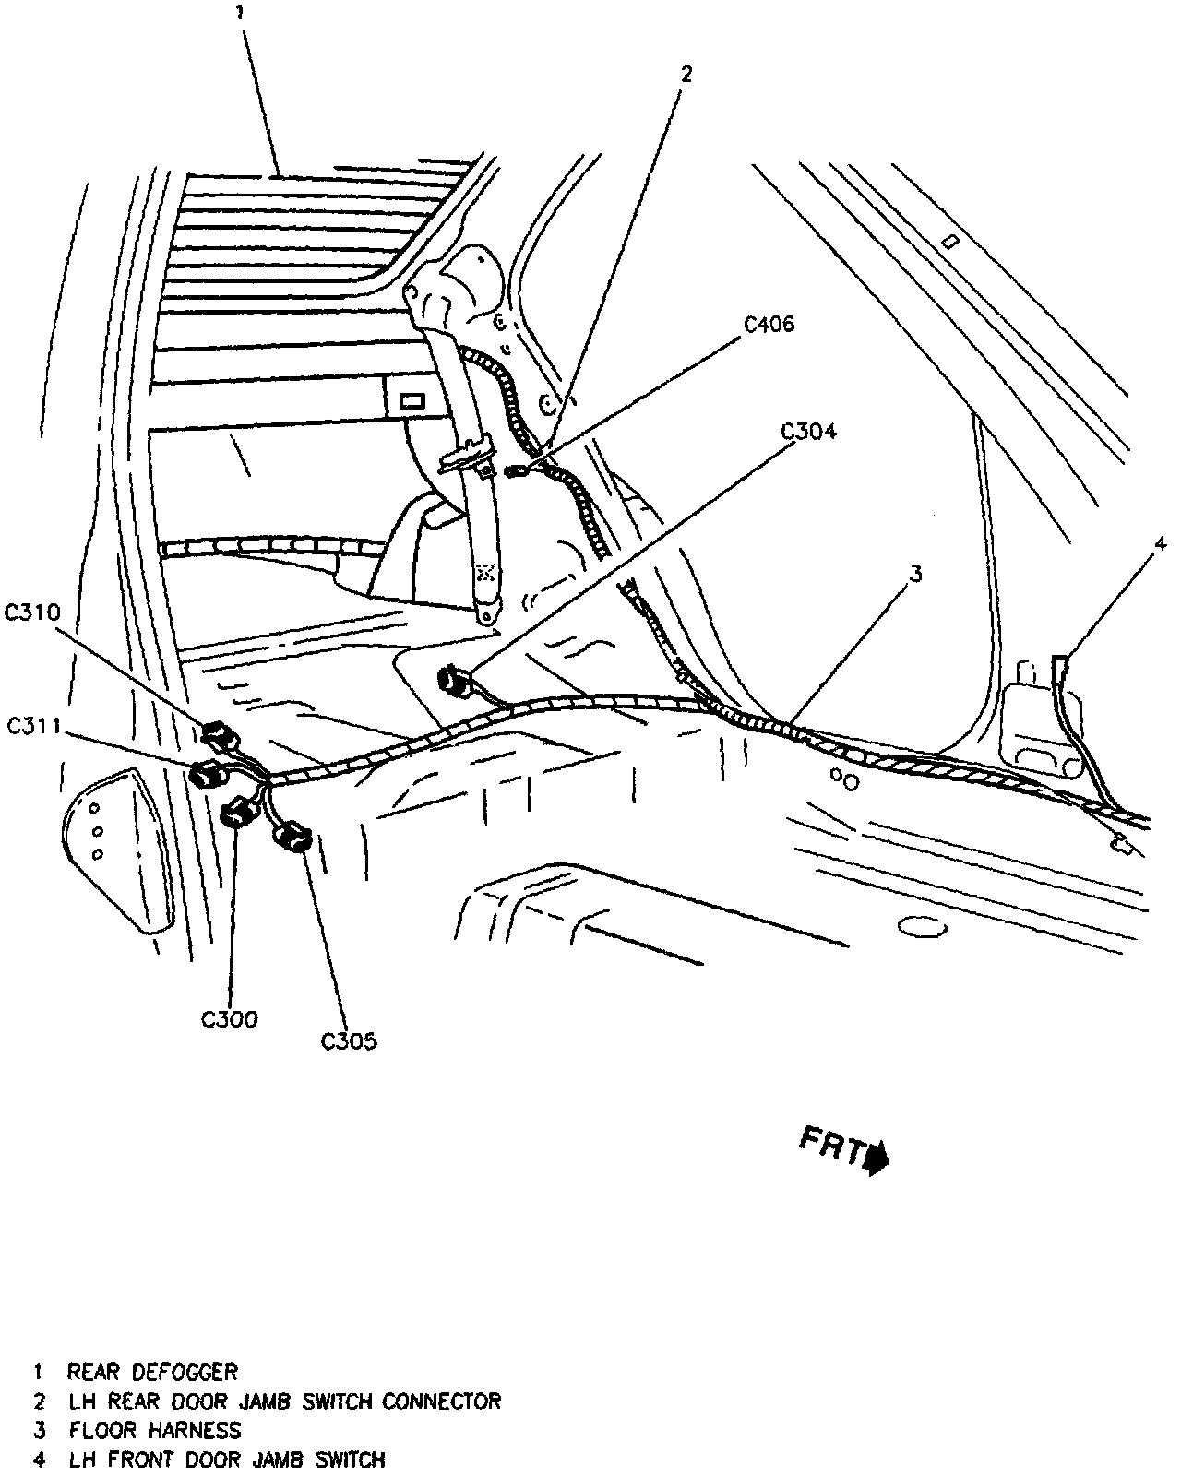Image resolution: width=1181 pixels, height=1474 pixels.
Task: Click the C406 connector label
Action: (x=769, y=324)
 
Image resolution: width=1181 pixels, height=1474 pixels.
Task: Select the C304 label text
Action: (x=808, y=431)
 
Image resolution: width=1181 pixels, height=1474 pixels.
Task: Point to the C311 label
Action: (x=33, y=726)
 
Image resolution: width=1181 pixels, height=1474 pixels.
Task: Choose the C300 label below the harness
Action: (x=230, y=1019)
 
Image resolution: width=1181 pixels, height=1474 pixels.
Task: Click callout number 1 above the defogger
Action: (x=240, y=13)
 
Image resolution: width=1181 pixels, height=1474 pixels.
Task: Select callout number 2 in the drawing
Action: (x=685, y=74)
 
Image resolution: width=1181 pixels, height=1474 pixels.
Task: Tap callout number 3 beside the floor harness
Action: (x=914, y=574)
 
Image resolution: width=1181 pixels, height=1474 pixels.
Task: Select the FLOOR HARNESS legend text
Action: (x=154, y=1430)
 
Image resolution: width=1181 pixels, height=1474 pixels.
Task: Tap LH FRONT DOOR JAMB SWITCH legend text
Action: (x=226, y=1459)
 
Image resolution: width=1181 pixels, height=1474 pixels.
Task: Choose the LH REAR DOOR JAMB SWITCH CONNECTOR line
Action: (x=284, y=1400)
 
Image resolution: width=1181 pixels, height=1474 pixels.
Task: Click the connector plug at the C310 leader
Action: (x=218, y=735)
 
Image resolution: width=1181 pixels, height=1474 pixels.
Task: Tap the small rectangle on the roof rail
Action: (x=953, y=242)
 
